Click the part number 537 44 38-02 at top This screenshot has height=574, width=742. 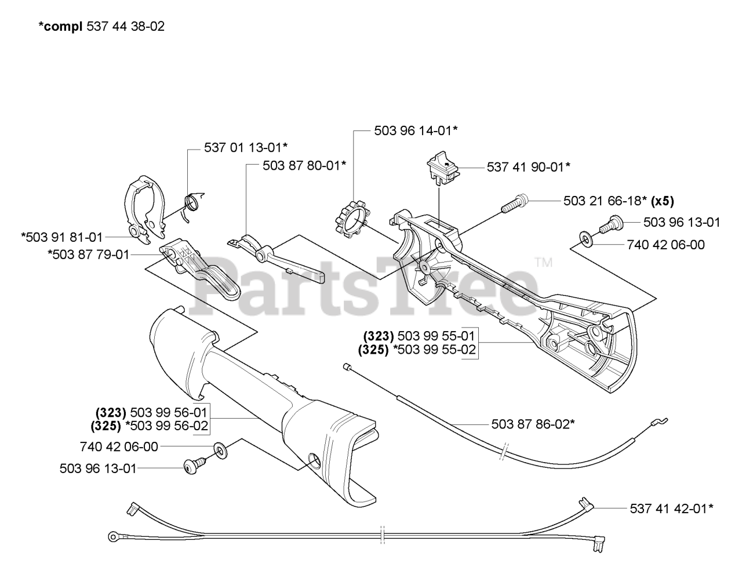(x=125, y=26)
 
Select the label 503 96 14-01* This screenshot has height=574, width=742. (x=416, y=130)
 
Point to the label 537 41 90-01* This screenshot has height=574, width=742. (x=528, y=167)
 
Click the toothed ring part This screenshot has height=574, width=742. (x=352, y=219)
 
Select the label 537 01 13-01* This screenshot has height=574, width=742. (x=246, y=147)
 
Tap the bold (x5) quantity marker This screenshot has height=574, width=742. (x=663, y=201)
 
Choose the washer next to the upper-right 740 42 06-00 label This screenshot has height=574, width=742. (x=586, y=238)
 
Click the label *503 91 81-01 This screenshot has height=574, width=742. (x=62, y=237)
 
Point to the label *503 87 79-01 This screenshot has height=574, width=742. (x=89, y=255)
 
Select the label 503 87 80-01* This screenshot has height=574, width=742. (x=304, y=166)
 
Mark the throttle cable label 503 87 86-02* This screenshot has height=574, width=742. (x=533, y=424)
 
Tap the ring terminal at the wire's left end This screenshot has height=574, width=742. (x=112, y=536)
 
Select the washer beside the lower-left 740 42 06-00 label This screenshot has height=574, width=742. (x=221, y=451)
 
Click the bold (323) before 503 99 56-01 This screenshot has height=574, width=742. (x=111, y=412)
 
